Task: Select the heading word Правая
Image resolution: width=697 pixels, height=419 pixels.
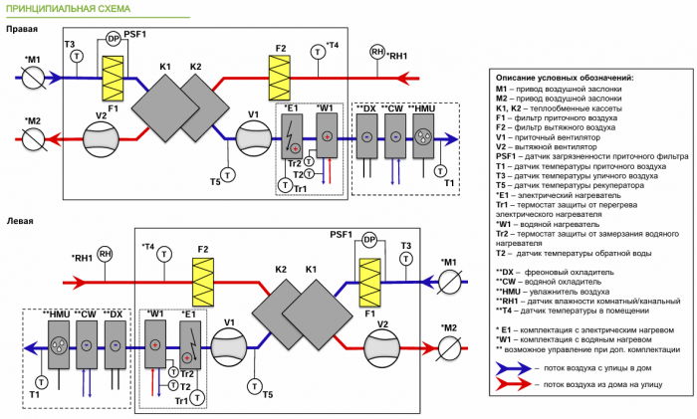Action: tap(23, 30)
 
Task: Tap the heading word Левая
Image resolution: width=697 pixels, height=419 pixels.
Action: tap(21, 221)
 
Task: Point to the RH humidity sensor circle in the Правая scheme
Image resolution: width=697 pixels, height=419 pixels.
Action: tap(376, 51)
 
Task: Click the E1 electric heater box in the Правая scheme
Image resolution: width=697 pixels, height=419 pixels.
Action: tap(293, 137)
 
